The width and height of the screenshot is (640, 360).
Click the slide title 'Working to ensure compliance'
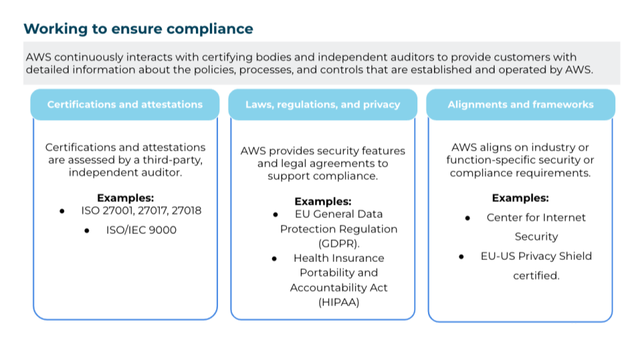[x=138, y=29]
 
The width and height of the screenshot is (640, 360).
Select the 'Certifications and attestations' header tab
[x=125, y=105]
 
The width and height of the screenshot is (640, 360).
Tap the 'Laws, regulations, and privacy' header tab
[x=323, y=105]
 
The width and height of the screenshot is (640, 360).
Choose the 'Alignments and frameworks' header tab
[x=520, y=105]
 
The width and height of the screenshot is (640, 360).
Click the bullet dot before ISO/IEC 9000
[x=87, y=231]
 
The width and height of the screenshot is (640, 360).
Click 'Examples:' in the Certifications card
[x=125, y=198]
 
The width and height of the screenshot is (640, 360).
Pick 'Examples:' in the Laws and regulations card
[x=323, y=201]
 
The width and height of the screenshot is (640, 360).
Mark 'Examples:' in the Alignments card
[x=520, y=198]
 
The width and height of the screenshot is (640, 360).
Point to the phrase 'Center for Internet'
[x=536, y=217]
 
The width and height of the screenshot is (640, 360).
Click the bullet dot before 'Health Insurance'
[x=275, y=259]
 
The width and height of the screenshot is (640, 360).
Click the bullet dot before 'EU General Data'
[x=275, y=215]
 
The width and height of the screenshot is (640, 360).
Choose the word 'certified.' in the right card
[x=536, y=275]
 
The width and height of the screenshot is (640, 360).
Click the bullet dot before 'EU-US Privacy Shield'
[x=462, y=257]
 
